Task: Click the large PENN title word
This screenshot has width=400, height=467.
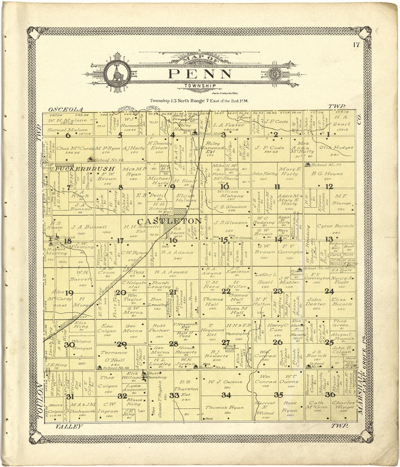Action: [200, 74]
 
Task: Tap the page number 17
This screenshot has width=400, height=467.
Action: [356, 45]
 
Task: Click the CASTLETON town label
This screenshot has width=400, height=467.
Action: [169, 221]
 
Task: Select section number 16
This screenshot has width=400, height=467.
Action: [173, 240]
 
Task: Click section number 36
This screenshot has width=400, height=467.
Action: [330, 395]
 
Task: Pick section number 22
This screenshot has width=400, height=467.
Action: [226, 291]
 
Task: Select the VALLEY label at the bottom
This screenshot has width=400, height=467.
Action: [69, 426]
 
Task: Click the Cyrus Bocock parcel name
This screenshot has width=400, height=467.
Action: [335, 226]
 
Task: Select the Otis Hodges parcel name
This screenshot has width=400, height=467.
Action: [336, 148]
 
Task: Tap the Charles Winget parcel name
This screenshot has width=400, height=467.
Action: [343, 405]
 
